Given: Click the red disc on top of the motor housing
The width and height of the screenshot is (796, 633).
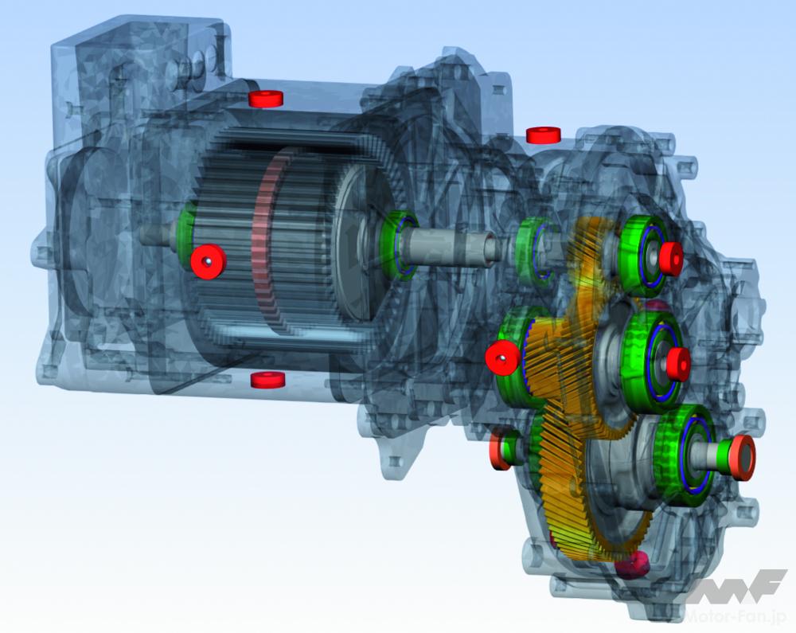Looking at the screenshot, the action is point(265,99).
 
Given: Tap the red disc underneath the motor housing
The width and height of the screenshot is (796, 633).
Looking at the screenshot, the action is point(268,379).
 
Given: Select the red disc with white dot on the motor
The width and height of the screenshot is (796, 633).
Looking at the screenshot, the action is point(208,260).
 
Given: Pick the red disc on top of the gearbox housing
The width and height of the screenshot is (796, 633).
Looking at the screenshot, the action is point(543,135).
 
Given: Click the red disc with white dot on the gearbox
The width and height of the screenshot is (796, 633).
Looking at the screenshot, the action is point(502,358).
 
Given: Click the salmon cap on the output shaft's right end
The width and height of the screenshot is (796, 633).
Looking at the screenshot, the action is point(742,457).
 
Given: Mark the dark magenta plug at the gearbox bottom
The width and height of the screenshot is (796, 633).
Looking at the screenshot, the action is point(633,564).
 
